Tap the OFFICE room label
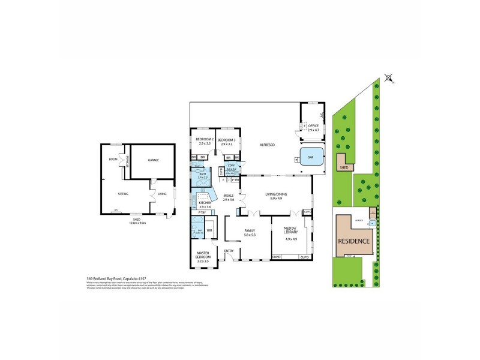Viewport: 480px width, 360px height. point(313,125)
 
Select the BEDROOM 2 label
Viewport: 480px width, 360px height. point(205,140)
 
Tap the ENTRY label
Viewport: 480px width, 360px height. point(229,251)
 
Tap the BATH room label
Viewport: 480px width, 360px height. point(203,175)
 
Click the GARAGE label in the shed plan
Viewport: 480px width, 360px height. point(152,160)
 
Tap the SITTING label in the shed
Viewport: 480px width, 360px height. point(123,194)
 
